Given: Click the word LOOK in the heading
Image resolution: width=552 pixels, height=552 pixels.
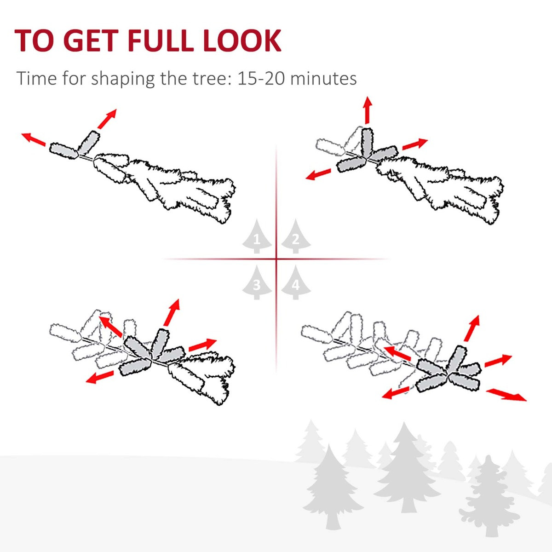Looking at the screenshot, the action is (242, 40).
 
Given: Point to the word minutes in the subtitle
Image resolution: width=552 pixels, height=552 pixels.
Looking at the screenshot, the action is (323, 78).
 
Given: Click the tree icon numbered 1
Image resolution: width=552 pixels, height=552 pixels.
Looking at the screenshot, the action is (257, 236).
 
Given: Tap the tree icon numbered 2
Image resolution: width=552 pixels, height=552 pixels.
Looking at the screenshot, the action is (296, 236).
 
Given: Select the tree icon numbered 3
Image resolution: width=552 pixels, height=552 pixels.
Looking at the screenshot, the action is (257, 283).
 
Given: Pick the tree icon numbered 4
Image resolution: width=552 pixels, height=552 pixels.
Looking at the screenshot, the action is (296, 283).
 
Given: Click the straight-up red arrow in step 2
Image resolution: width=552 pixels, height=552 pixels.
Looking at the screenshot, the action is (368, 110).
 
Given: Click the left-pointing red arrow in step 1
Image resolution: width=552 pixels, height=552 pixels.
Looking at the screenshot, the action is (34, 139).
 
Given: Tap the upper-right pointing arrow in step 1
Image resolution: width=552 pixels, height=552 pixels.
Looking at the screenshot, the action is (107, 118).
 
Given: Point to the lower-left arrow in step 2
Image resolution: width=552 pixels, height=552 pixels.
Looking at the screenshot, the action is (318, 174).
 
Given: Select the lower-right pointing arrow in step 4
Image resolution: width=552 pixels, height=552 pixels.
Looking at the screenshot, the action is (506, 395).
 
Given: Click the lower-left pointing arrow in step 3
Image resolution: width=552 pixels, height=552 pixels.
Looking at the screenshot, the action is (100, 377).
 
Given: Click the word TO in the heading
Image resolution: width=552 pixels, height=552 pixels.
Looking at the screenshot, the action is (34, 40).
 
